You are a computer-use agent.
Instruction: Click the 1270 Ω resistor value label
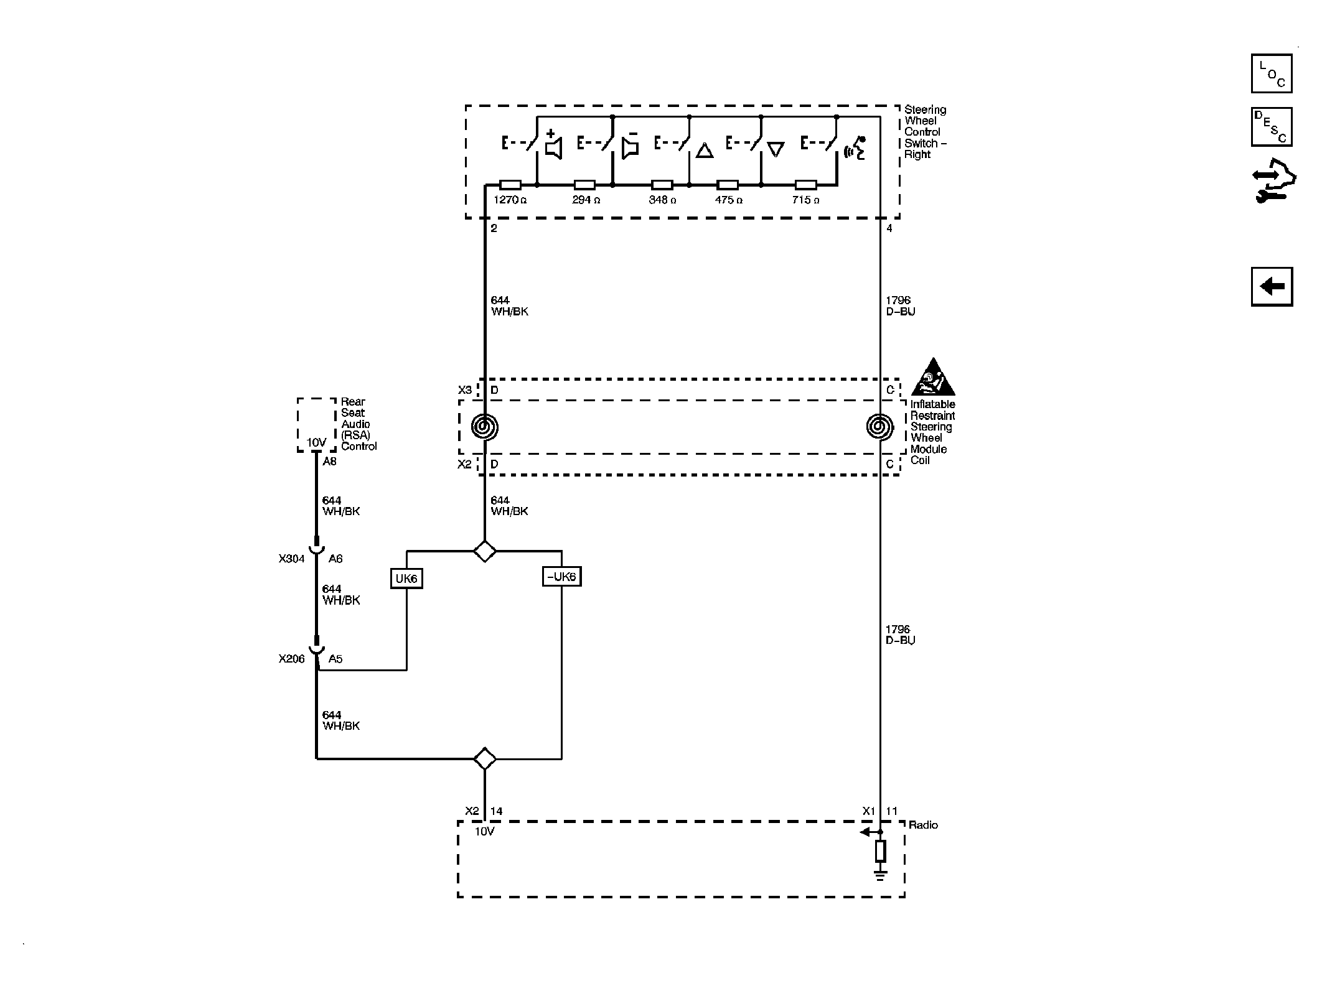pyautogui.click(x=510, y=200)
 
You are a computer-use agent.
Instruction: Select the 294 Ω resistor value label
pyautogui.click(x=586, y=200)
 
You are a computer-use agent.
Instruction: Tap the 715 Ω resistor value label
pyautogui.click(x=805, y=200)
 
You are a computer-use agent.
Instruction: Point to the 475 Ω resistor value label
pyautogui.click(x=729, y=200)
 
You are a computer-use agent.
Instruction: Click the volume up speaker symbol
pyautogui.click(x=553, y=145)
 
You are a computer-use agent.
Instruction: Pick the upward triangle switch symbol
pyautogui.click(x=705, y=150)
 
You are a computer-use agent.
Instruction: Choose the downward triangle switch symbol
pyautogui.click(x=776, y=150)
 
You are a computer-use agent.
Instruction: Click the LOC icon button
pyautogui.click(x=1272, y=73)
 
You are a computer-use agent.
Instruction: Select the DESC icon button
pyautogui.click(x=1272, y=127)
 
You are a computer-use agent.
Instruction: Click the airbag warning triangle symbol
pyautogui.click(x=933, y=377)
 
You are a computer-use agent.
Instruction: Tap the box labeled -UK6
pyautogui.click(x=561, y=577)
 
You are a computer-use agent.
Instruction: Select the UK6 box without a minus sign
pyautogui.click(x=406, y=579)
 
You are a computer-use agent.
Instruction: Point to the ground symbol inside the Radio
pyautogui.click(x=880, y=877)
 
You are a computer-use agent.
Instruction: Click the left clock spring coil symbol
pyautogui.click(x=485, y=427)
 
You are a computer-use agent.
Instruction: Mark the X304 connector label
pyautogui.click(x=292, y=559)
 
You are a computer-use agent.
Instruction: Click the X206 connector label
pyautogui.click(x=292, y=659)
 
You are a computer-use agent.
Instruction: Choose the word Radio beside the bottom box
pyautogui.click(x=923, y=825)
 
